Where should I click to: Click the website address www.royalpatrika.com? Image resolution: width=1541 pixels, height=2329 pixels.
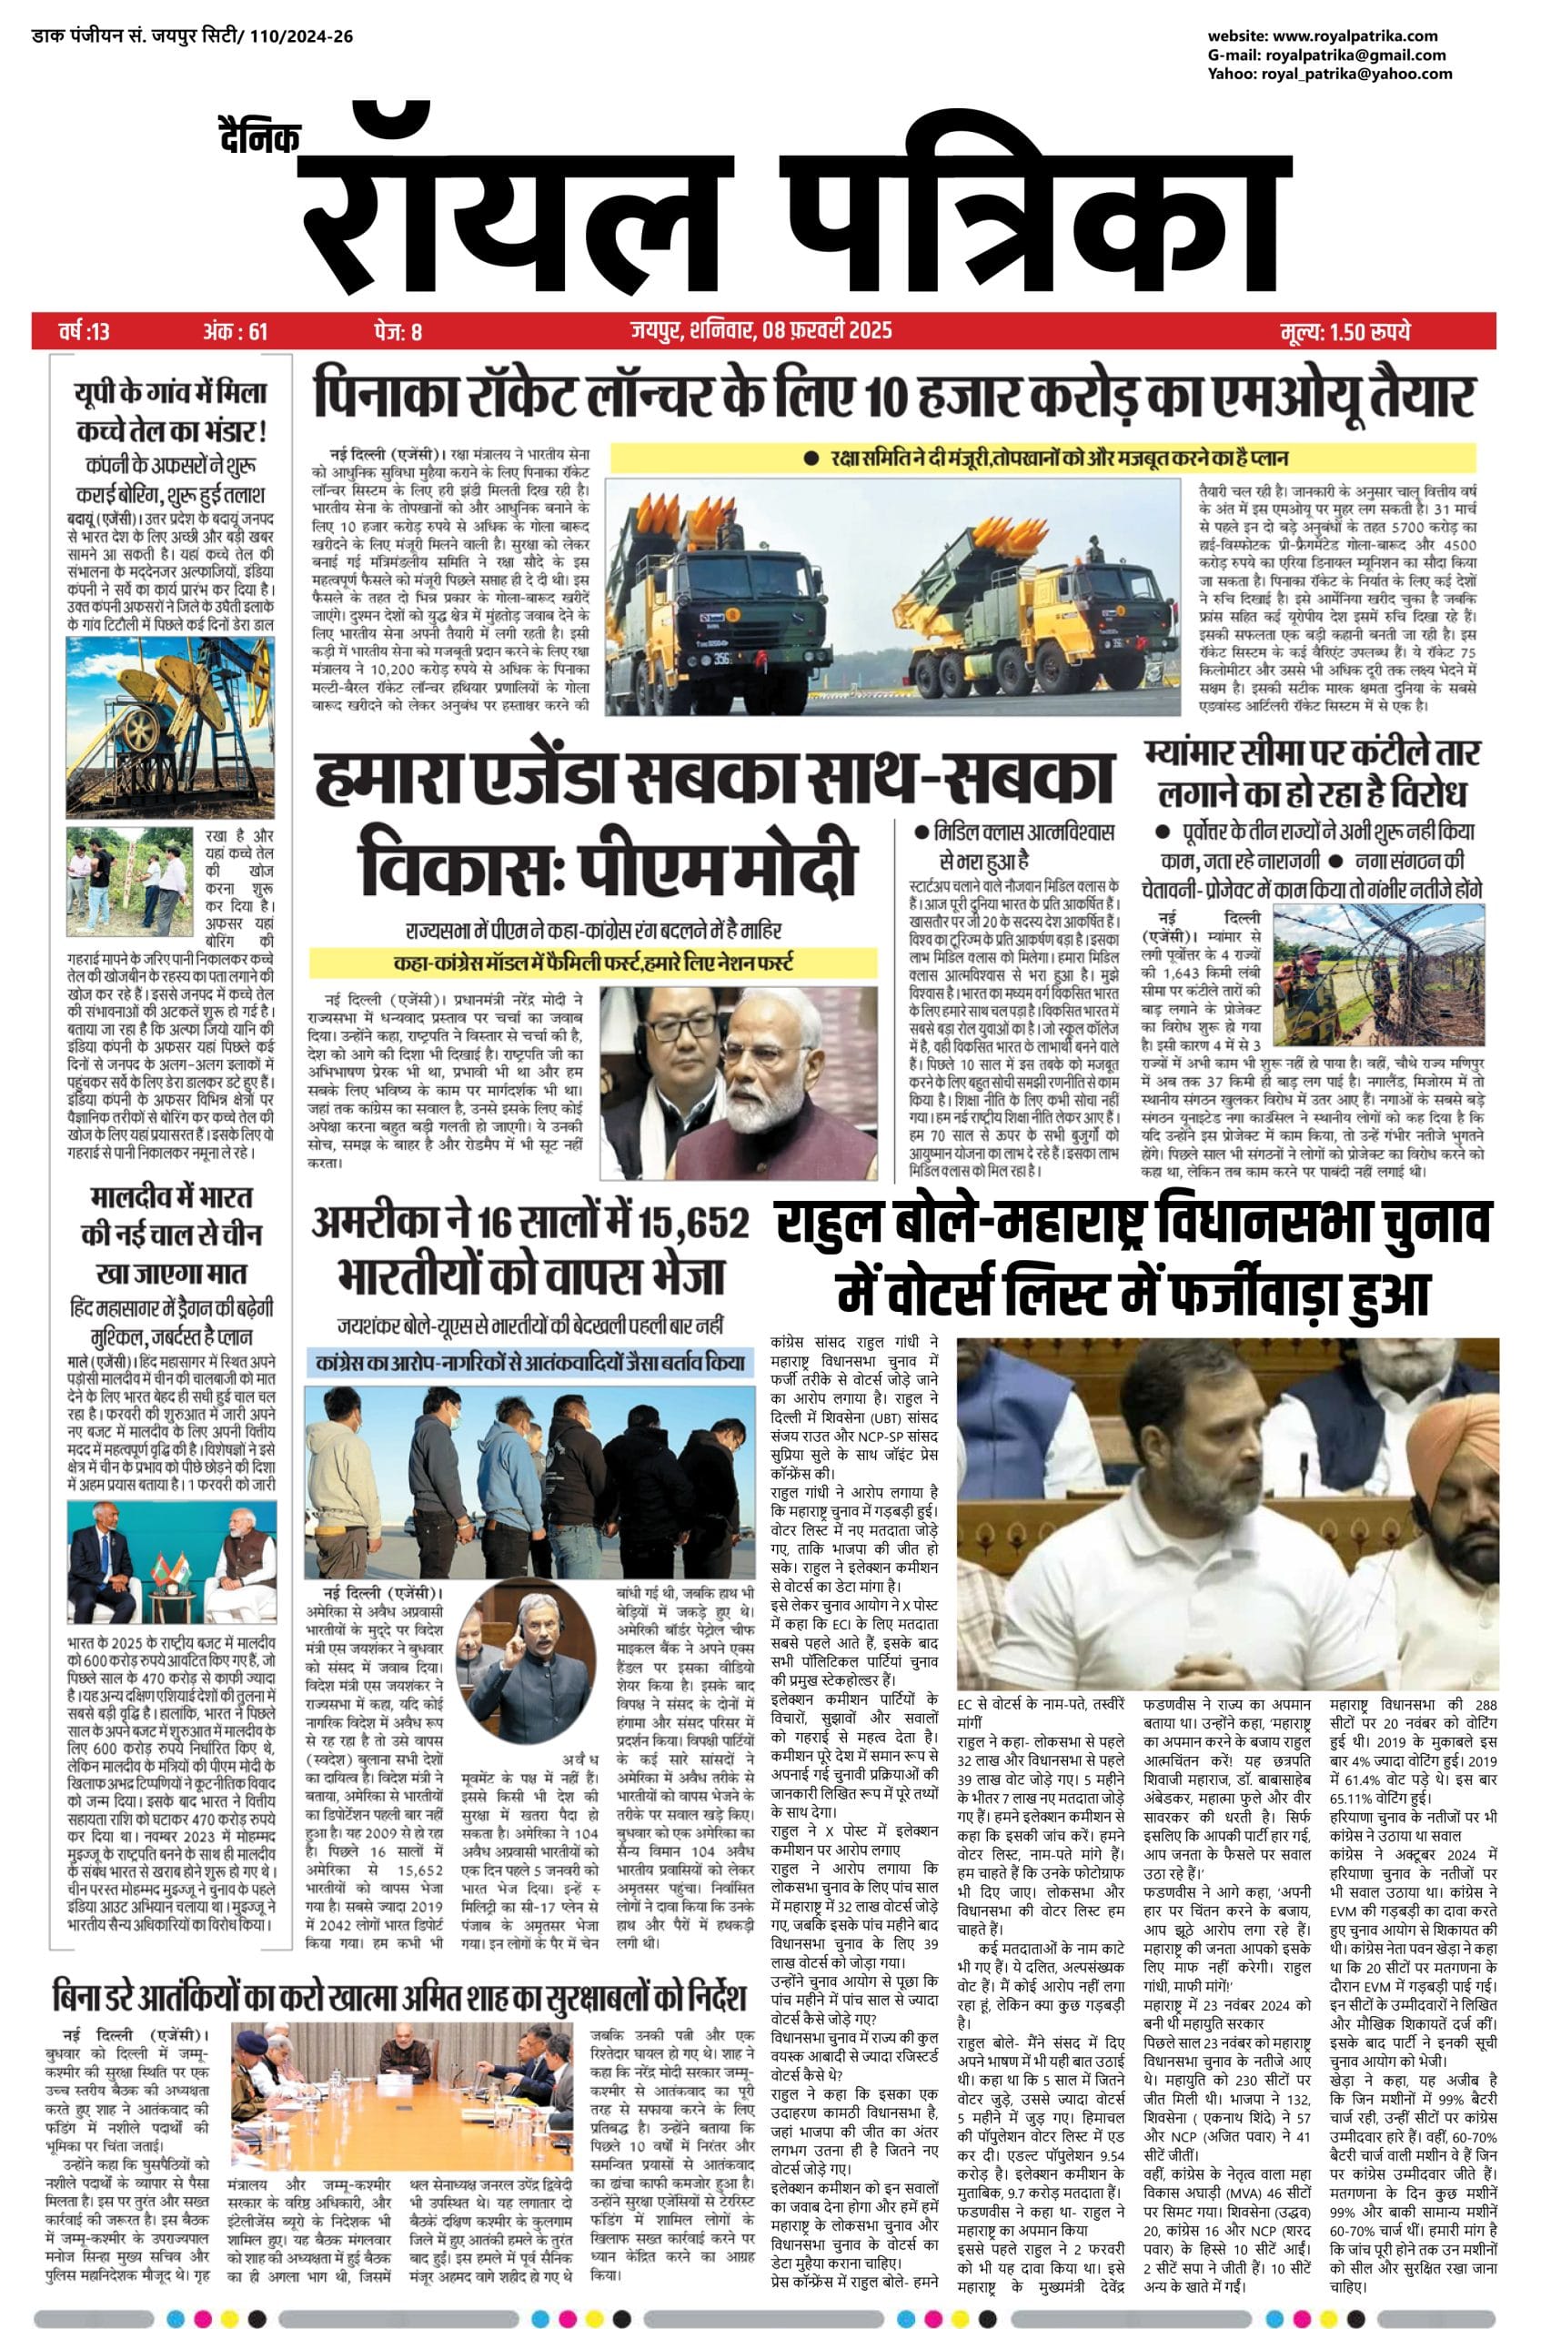point(1355,36)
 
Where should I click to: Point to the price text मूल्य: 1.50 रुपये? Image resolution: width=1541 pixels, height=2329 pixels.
point(1345,331)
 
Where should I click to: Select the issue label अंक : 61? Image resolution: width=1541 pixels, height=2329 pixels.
point(235,331)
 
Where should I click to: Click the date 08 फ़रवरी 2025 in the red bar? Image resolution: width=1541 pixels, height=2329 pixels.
point(827,330)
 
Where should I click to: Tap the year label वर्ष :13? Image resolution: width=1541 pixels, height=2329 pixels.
point(85,331)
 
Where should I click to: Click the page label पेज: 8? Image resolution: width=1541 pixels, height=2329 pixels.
point(398,331)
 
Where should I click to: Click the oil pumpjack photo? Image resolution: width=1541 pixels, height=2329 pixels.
point(170,726)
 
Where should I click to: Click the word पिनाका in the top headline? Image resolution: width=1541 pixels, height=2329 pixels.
point(375,394)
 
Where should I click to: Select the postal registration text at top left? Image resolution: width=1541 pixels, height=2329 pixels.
point(193,36)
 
